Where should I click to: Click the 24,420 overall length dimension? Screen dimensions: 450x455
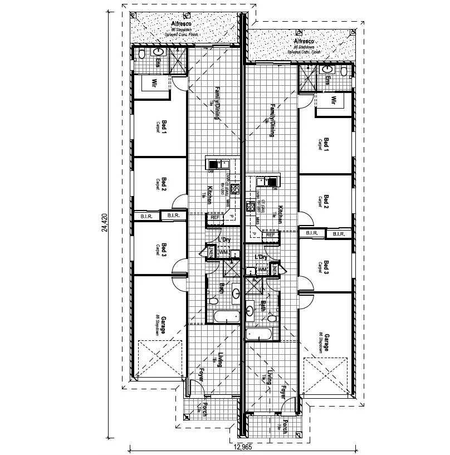click(x=104, y=223)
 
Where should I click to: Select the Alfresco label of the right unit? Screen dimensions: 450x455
click(x=304, y=42)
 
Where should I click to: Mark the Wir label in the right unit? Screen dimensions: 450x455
click(x=334, y=101)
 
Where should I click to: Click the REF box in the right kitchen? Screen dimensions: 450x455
click(x=270, y=235)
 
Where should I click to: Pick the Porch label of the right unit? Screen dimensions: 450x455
click(x=285, y=425)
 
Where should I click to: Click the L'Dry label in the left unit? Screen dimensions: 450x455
click(x=224, y=239)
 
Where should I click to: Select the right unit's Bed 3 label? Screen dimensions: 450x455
click(x=326, y=266)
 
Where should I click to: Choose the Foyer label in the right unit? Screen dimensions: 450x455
click(x=284, y=392)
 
